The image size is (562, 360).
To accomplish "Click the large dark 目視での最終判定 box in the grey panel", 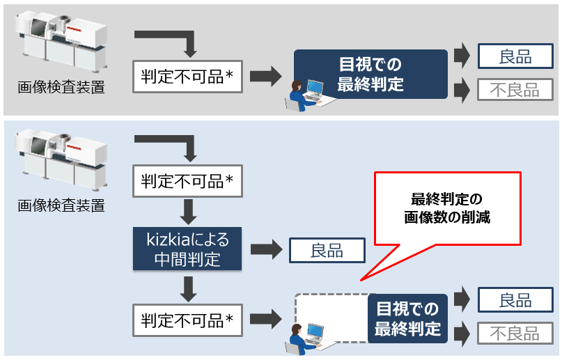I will click(x=370, y=75).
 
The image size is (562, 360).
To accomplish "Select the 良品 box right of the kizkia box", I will click(x=327, y=250).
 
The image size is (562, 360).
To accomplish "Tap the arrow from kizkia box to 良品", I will click(x=265, y=250).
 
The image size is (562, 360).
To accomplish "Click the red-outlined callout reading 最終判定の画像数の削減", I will click(x=447, y=209).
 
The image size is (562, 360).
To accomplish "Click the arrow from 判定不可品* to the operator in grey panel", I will click(x=265, y=77).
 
